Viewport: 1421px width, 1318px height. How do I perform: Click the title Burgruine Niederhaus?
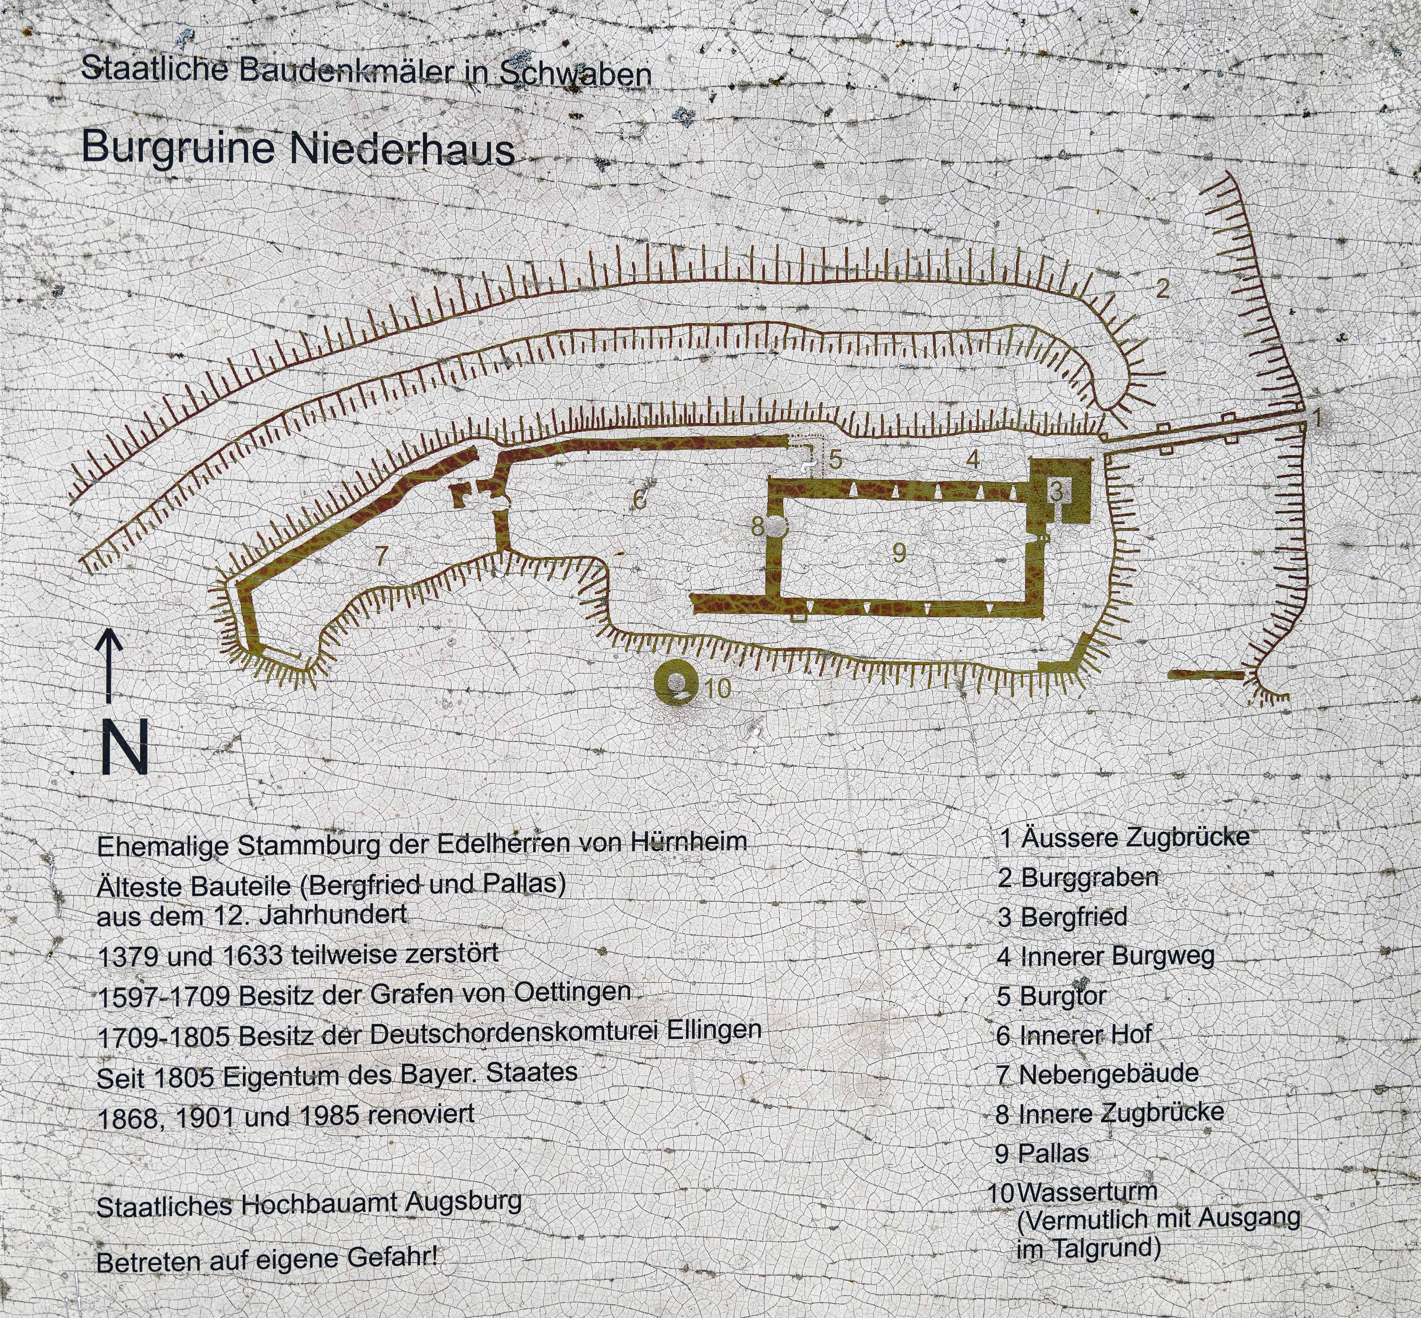298,148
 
